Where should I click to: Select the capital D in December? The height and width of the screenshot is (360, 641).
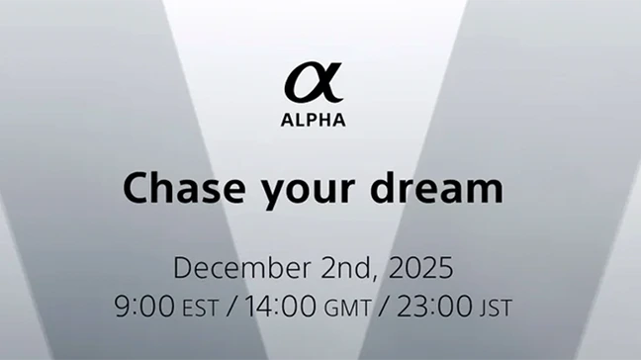tap(182, 268)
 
